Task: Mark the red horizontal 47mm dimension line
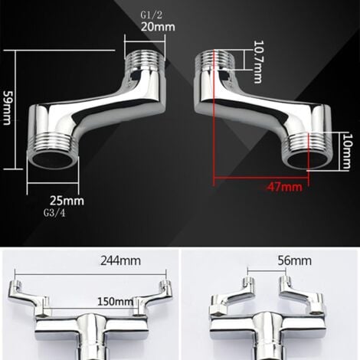pyautogui.click(x=260, y=178)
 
